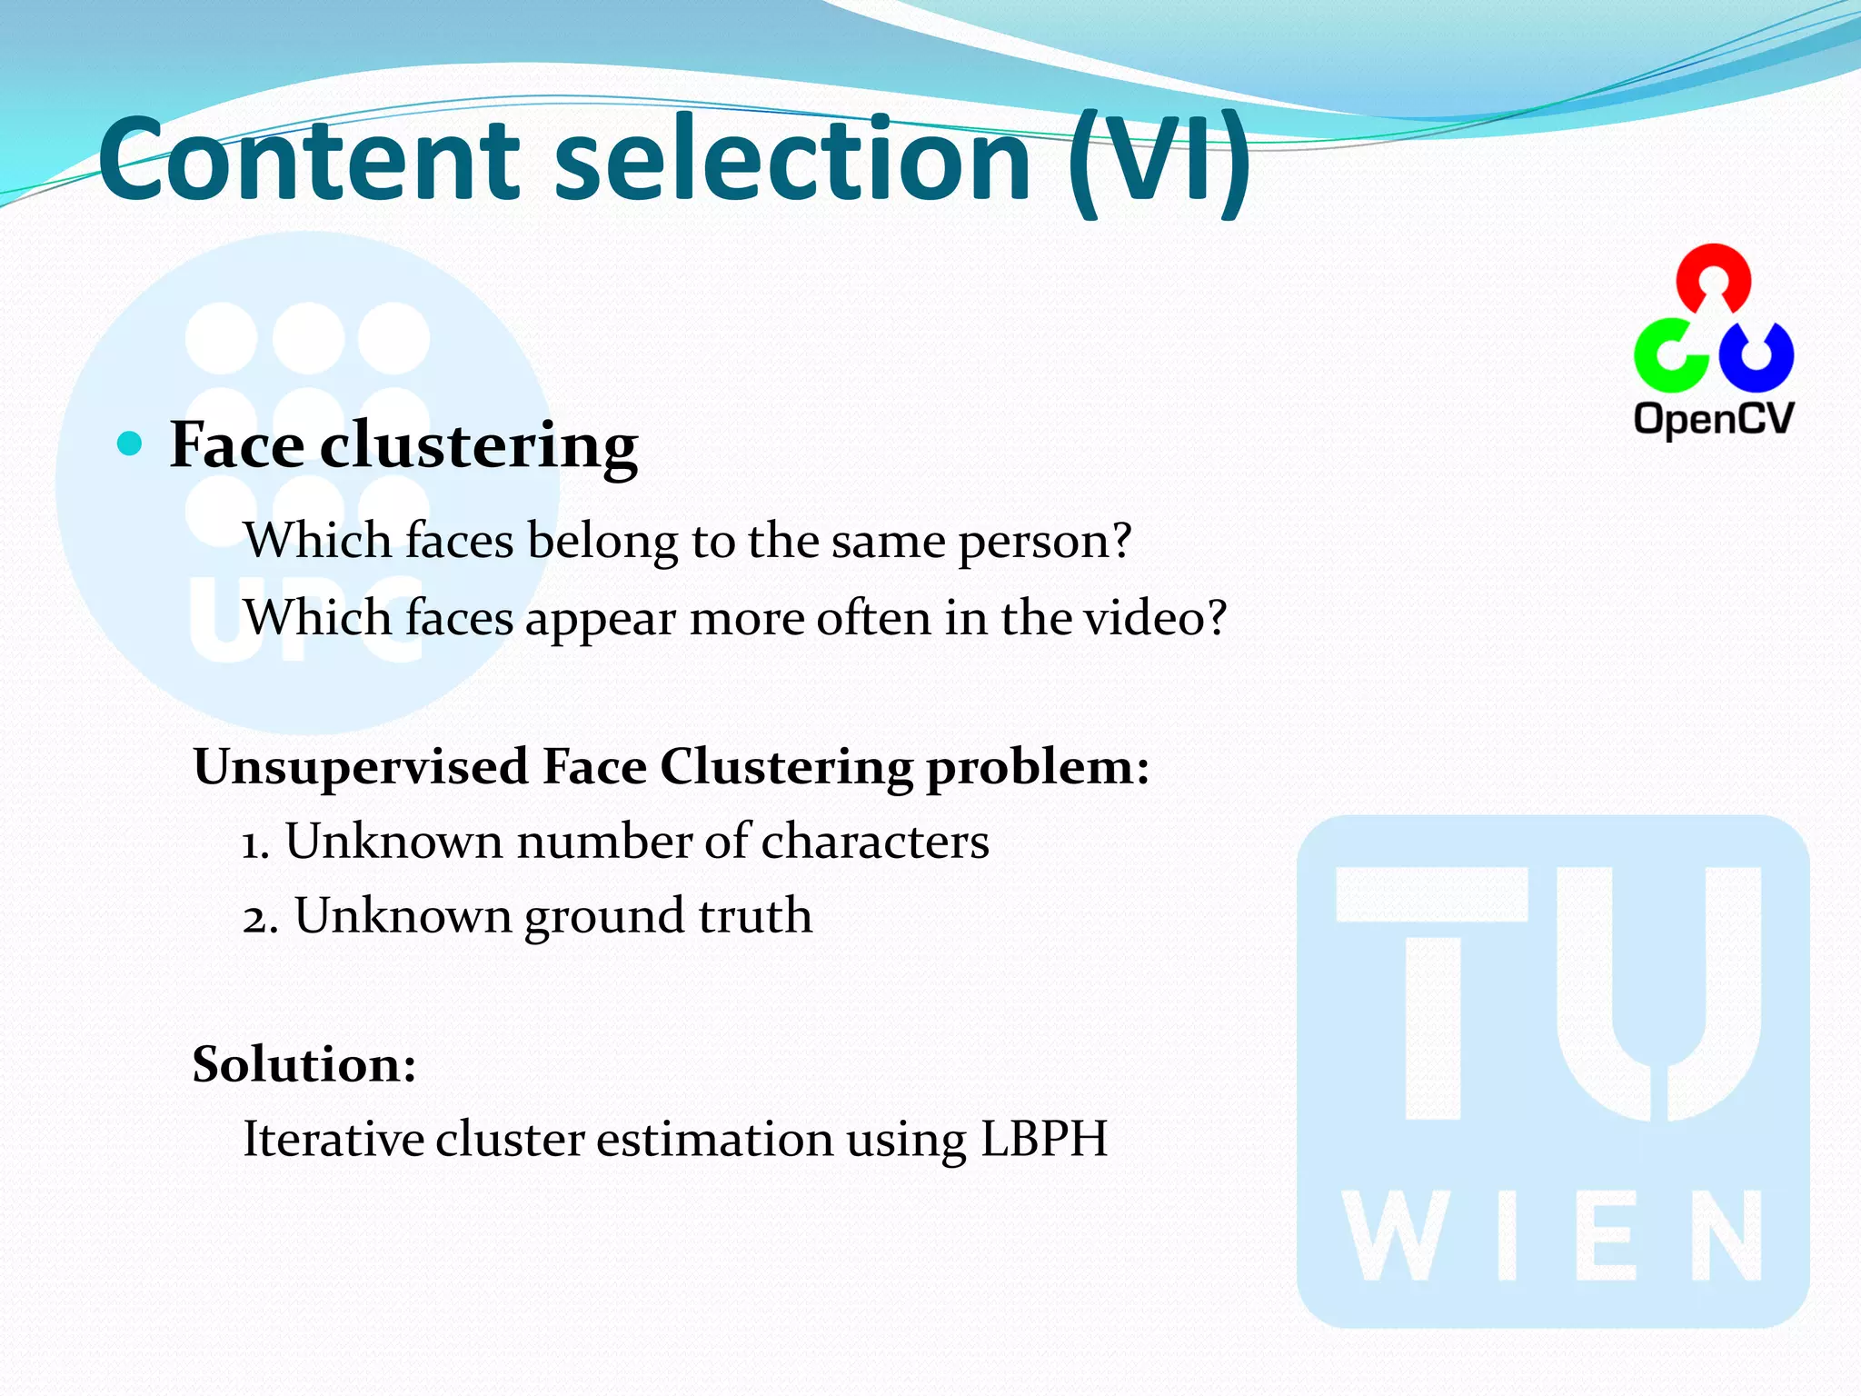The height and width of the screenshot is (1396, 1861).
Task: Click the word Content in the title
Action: click(309, 160)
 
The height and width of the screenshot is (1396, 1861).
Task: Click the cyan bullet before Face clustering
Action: click(131, 444)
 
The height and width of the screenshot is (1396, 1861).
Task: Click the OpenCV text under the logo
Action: click(1714, 419)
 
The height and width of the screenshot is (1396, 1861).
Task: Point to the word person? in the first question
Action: click(1045, 543)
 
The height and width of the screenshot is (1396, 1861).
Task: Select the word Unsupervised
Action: click(361, 766)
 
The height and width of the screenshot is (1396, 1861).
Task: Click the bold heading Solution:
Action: click(304, 1064)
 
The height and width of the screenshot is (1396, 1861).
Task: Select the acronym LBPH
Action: click(1044, 1139)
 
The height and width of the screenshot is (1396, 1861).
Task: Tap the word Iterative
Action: click(333, 1139)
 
